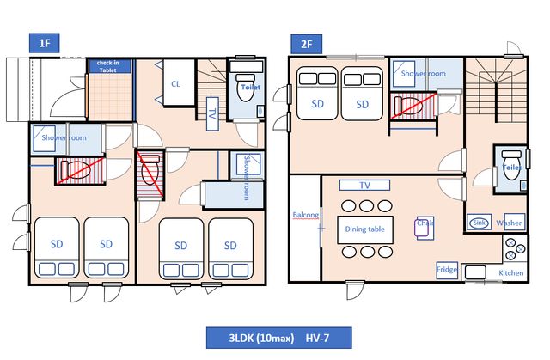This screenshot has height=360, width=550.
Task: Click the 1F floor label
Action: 44,43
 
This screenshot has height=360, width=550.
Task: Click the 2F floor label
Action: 306,44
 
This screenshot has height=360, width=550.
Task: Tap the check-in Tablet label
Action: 108,66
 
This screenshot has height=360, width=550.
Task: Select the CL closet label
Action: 175,84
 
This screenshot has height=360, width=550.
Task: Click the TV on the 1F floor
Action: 212,114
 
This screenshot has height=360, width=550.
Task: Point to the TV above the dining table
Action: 364,185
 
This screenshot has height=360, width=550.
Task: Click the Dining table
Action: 364,229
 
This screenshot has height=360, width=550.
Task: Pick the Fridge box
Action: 447,270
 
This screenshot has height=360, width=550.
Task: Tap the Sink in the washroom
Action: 479,223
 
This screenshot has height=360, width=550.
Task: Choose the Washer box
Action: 514,223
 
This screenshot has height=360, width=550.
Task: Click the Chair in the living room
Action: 425,228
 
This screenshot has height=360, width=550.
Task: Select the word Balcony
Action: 306,215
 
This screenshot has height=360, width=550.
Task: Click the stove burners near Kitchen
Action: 516,249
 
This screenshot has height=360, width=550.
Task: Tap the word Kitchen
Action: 511,272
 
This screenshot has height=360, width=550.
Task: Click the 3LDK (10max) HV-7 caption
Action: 278,338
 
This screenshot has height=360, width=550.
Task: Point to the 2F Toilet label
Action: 512,168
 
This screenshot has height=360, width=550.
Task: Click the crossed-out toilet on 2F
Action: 412,105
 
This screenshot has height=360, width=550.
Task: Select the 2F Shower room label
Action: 424,74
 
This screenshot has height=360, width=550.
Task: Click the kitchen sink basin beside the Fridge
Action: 475,272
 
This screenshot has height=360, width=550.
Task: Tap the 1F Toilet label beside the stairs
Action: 251,88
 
